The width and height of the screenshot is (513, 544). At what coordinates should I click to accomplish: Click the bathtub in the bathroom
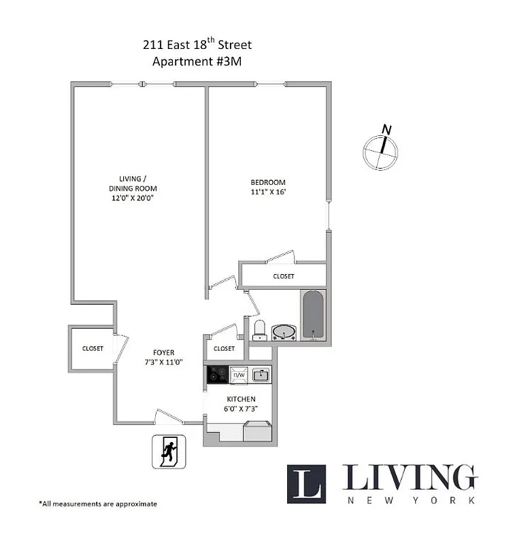pos(313,315)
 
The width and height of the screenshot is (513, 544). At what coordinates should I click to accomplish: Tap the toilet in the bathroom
pos(259,330)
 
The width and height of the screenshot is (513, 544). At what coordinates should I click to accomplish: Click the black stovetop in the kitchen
pos(217,375)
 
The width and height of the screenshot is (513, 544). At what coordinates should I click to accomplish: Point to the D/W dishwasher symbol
pos(239,375)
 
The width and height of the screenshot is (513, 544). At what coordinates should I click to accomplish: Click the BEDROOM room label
pos(268,182)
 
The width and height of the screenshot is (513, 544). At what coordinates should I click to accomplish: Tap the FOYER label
pos(163,352)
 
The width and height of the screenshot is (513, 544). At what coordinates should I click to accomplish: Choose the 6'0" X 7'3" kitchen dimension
pos(241,409)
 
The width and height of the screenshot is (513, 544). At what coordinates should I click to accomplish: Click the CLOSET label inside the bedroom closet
pos(284,276)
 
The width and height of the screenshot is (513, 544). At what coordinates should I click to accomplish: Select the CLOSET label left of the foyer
pos(93,348)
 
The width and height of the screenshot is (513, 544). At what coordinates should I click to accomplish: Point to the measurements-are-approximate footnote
pos(98,504)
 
